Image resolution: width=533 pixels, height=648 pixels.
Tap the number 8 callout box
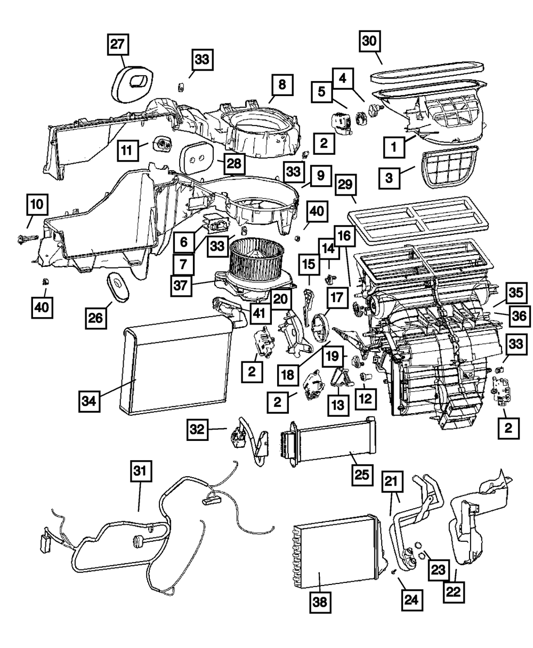[281, 84]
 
